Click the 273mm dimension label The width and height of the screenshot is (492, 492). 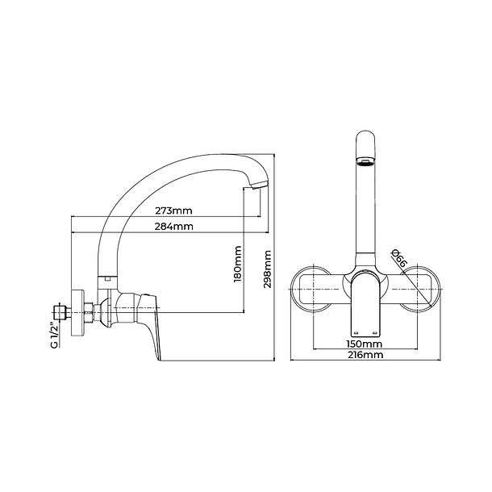pyautogui.click(x=173, y=211)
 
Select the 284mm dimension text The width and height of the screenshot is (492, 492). pyautogui.click(x=174, y=226)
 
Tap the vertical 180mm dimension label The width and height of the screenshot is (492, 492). pyautogui.click(x=238, y=265)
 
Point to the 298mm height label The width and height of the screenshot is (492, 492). pyautogui.click(x=267, y=269)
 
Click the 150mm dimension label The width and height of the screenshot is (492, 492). pyautogui.click(x=365, y=344)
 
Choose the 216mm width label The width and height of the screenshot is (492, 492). pyautogui.click(x=365, y=355)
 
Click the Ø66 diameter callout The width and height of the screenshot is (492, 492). pyautogui.click(x=399, y=257)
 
